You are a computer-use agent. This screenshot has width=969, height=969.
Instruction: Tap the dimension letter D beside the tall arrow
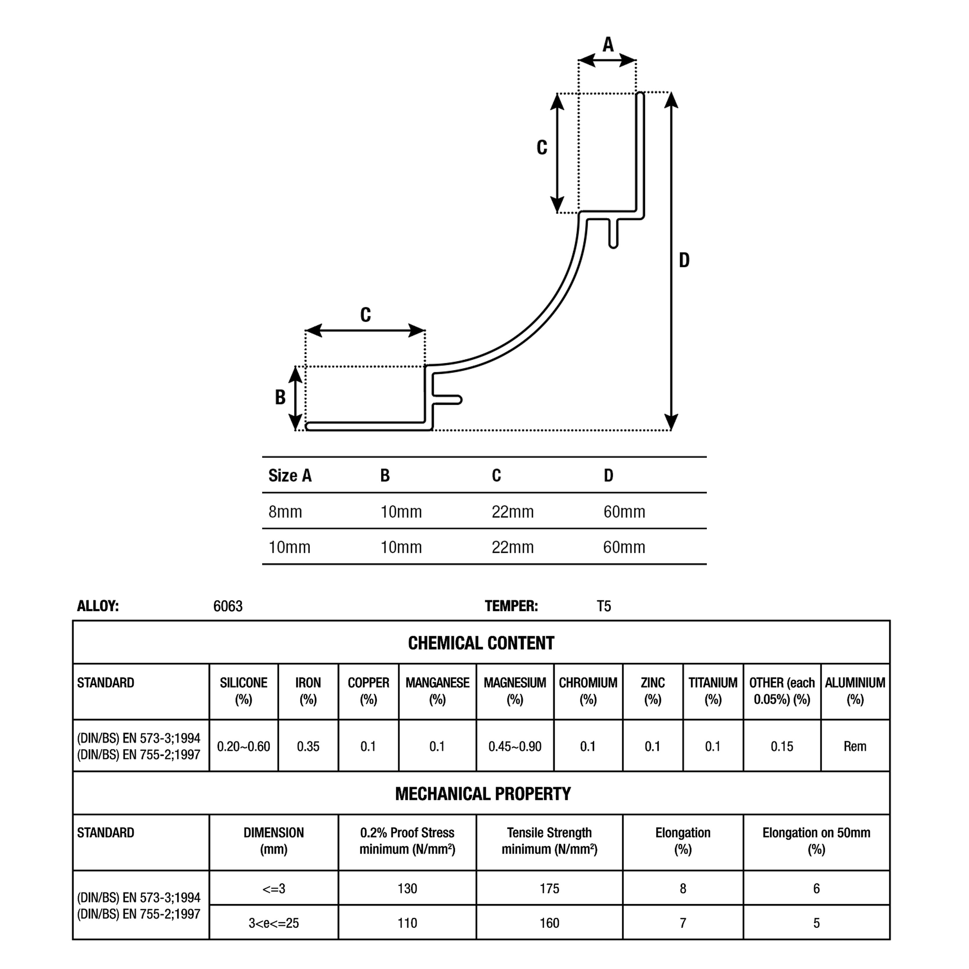point(684,260)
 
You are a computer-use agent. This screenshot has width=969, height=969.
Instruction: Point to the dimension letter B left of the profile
point(280,397)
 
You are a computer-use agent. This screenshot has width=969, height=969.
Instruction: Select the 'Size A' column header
point(290,475)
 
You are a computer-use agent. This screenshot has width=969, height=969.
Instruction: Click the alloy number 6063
point(228,606)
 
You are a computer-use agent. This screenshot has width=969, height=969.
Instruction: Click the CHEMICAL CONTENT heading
point(481,643)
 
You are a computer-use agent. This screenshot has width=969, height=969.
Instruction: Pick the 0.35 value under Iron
point(308,746)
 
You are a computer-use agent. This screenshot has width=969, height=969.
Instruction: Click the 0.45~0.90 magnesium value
point(515,746)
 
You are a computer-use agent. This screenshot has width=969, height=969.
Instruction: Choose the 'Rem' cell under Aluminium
point(855,746)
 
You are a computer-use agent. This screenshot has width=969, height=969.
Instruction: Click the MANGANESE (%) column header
point(437,691)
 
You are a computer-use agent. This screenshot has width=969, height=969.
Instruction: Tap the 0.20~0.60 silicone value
point(243,746)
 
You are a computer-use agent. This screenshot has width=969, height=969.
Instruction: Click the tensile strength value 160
point(549,923)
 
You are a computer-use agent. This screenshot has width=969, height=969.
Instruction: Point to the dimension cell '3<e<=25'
point(273,923)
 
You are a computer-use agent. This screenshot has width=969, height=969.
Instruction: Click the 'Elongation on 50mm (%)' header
point(816,841)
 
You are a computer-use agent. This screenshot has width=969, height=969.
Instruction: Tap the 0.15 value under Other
point(782,746)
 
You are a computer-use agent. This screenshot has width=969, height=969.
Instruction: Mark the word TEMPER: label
point(511,606)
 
